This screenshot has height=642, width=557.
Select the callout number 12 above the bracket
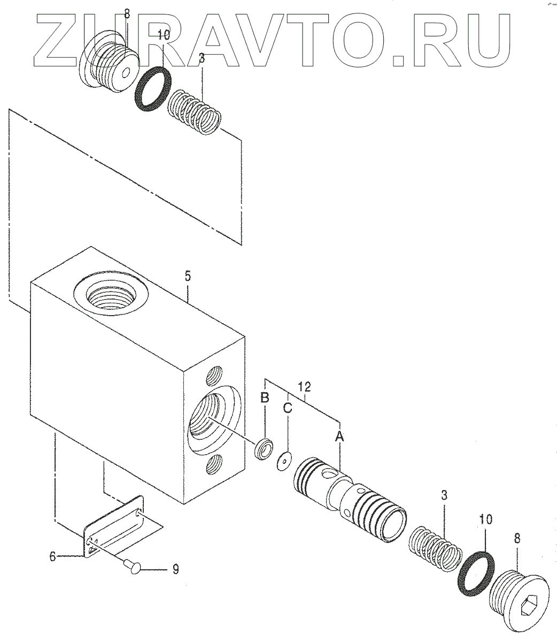[304, 386]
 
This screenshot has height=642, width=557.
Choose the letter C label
[288, 408]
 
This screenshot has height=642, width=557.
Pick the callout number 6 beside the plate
[53, 556]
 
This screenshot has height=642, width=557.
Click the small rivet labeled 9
[133, 564]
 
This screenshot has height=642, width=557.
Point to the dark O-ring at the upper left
[152, 89]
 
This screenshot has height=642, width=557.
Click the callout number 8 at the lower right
[516, 539]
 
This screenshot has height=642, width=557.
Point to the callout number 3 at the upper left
[202, 59]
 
